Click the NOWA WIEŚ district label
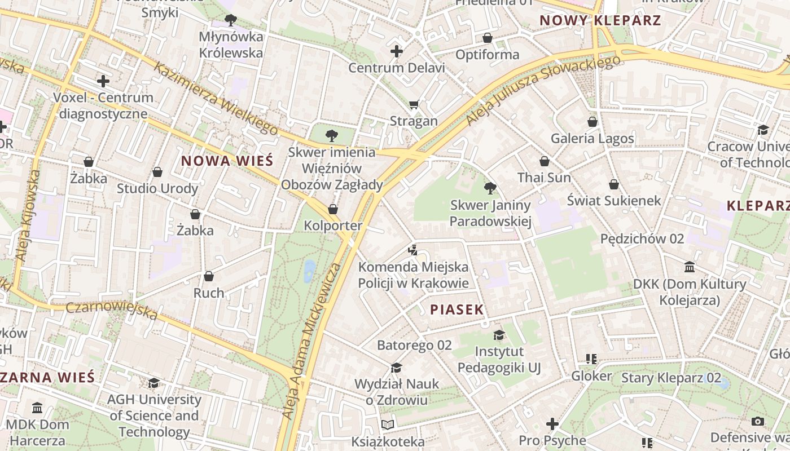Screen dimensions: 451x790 click(227, 161)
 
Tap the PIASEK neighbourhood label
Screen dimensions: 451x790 click(457, 309)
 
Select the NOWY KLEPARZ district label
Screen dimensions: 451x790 click(600, 21)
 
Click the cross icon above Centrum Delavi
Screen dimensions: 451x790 click(397, 51)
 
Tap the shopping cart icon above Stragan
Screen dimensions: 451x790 click(414, 104)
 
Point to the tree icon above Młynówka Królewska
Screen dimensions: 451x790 click(230, 20)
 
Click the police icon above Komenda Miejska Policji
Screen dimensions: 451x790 click(413, 250)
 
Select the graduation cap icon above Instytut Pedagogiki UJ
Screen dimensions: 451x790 click(499, 335)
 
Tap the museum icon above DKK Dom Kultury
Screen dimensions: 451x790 click(689, 267)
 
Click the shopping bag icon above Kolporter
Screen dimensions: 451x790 click(333, 209)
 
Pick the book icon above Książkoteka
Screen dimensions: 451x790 click(388, 425)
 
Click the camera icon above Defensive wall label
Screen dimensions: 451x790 click(758, 421)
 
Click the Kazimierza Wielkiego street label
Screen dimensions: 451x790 click(216, 99)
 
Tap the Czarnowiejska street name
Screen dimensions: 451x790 click(111, 310)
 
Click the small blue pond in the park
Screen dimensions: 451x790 click(309, 271)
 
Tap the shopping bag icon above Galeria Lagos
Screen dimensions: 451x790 click(592, 122)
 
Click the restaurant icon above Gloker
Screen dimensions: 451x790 click(591, 359)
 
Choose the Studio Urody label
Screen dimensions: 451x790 click(157, 188)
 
